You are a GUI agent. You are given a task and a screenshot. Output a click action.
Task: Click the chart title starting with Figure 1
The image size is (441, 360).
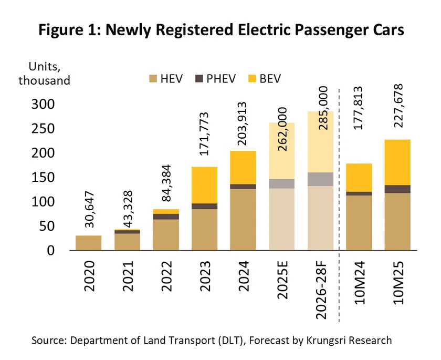[220, 30]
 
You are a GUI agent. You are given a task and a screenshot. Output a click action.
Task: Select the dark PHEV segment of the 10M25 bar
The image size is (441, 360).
[398, 189]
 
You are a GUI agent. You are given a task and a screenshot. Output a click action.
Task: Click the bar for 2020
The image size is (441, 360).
[88, 243]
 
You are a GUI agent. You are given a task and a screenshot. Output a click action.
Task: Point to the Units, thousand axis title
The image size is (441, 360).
[44, 74]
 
